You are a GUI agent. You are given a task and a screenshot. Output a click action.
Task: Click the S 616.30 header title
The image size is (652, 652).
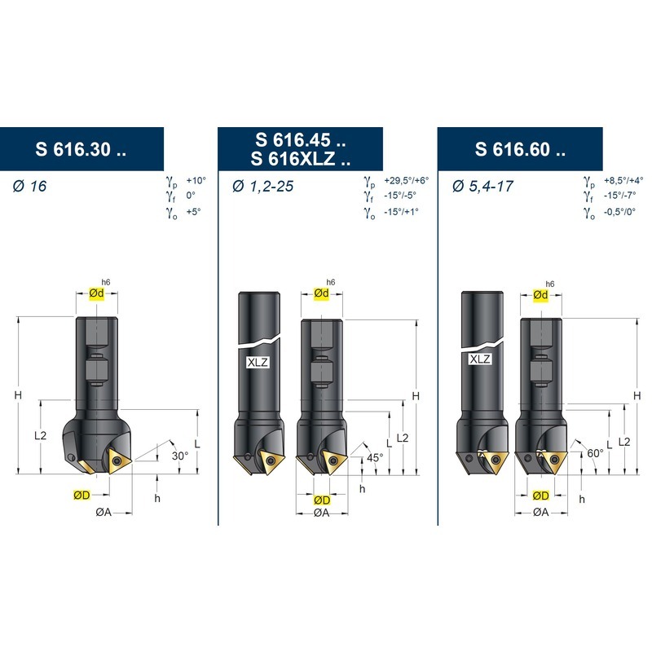pyautogui.click(x=81, y=149)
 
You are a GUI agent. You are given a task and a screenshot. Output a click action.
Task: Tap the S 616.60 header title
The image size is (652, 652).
pyautogui.click(x=520, y=149)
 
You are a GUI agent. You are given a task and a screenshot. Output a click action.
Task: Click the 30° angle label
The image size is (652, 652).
pyautogui.click(x=180, y=456)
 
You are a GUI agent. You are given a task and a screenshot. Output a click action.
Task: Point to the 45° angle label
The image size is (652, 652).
pyautogui.click(x=375, y=457)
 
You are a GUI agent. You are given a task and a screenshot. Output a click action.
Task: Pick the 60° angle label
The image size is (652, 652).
pyautogui.click(x=595, y=453)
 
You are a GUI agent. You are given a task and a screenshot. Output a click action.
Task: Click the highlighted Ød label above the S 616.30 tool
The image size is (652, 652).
pyautogui.click(x=96, y=293)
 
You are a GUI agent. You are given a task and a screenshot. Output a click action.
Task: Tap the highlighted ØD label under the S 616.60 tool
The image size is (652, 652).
pyautogui.click(x=540, y=496)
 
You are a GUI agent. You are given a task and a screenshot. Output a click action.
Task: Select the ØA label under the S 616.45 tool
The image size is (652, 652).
pyautogui.click(x=321, y=513)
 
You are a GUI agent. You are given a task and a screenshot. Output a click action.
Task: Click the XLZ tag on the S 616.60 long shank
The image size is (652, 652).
pyautogui.click(x=480, y=359)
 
